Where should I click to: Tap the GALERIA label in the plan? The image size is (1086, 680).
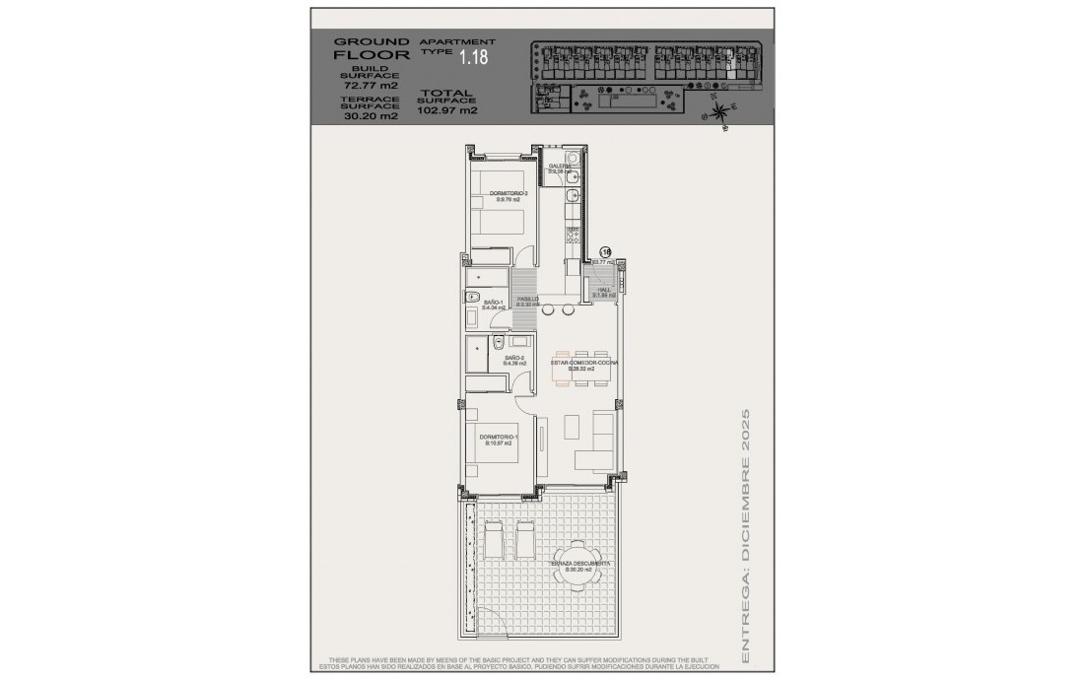[560, 168]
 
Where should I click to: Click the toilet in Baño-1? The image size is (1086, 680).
[472, 298]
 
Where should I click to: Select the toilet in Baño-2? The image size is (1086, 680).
[498, 343]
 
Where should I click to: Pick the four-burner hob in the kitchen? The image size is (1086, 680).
[572, 235]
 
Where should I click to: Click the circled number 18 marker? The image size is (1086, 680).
[606, 252]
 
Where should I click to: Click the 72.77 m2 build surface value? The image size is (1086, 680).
[370, 85]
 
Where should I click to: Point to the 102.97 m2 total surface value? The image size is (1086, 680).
[447, 110]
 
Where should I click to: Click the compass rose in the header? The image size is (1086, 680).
[722, 111]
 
